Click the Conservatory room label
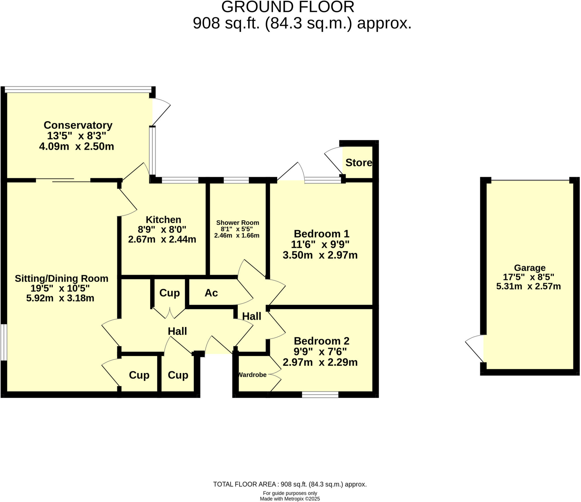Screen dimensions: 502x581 tap(78, 125)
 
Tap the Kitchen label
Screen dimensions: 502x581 tap(163, 220)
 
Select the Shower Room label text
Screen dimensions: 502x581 tap(237, 223)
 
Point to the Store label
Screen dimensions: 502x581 tap(359, 163)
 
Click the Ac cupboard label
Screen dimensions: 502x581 tap(211, 293)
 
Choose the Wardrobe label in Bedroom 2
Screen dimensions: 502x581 tap(252, 375)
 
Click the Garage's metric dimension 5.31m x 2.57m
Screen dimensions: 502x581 tap(528, 286)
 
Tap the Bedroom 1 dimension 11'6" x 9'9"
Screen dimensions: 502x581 tap(320, 244)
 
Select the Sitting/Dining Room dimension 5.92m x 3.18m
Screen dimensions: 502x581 tap(60, 298)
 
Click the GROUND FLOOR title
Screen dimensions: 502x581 tap(288, 7)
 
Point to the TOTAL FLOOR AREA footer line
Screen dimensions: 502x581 tap(290, 484)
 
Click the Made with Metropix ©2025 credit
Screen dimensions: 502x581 tap(290, 499)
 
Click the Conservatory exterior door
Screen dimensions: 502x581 tap(161, 112)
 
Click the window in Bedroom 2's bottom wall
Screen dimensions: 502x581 tap(320, 395)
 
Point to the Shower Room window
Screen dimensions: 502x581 tap(236, 180)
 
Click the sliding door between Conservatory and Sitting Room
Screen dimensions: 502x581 tap(63, 180)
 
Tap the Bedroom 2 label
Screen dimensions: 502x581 tap(321, 341)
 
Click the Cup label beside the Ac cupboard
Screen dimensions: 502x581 tap(169, 293)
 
